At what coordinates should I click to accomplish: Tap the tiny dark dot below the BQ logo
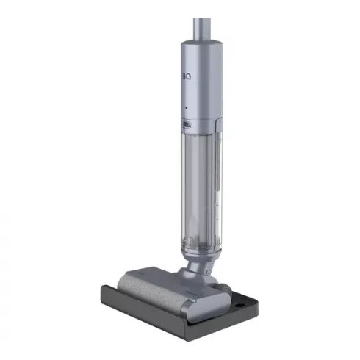coord(186,108)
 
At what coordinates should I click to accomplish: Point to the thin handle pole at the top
coord(199,26)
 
